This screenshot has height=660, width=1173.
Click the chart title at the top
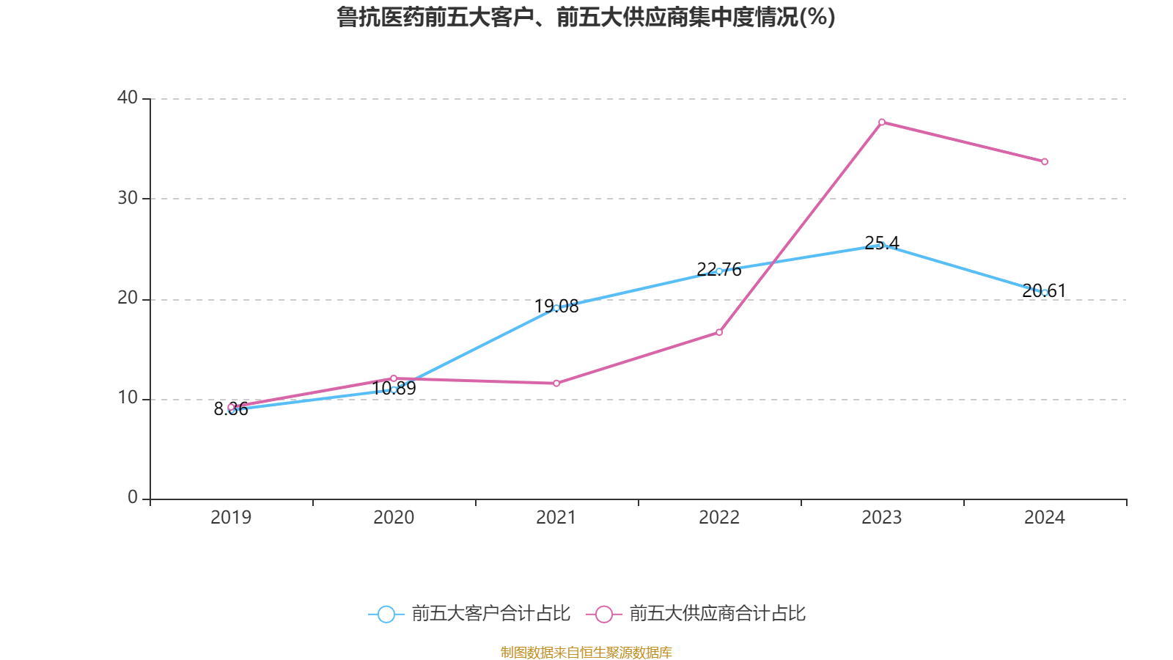[586, 17]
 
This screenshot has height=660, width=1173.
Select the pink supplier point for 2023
[881, 122]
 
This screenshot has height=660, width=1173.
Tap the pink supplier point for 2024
[1045, 161]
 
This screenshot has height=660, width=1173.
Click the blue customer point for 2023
[881, 245]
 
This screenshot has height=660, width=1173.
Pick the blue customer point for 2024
[1045, 293]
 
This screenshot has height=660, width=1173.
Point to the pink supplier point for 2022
[719, 332]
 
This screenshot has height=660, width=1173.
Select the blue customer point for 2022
[719, 271]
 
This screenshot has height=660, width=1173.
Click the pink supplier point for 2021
[556, 383]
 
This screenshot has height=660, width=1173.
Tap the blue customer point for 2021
[556, 308]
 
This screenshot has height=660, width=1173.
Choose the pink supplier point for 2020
[394, 378]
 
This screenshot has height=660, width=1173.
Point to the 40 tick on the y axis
[128, 98]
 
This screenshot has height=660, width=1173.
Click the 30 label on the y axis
[128, 198]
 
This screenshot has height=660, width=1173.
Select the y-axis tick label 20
[128, 298]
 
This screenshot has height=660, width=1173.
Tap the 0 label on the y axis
[133, 498]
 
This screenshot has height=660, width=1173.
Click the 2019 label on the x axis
[231, 518]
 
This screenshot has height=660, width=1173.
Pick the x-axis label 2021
[556, 518]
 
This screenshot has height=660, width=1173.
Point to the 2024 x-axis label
[1045, 518]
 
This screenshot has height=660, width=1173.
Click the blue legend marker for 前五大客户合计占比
[386, 614]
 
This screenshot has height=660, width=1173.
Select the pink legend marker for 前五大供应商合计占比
[603, 614]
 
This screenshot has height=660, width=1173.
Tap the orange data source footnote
[586, 652]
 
